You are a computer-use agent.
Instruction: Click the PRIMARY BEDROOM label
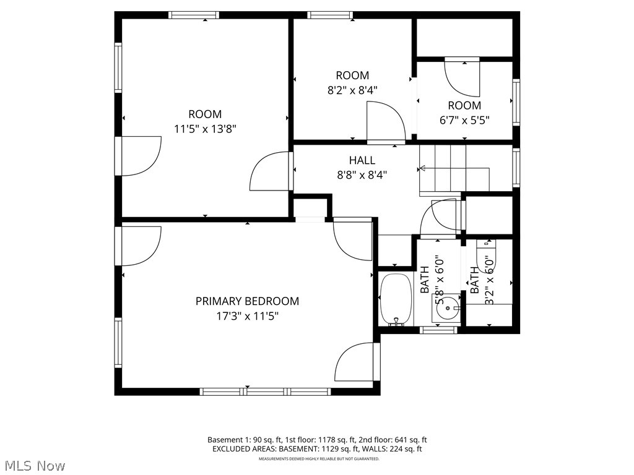pos(247,301)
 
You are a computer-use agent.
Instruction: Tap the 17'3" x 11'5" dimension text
pos(247,316)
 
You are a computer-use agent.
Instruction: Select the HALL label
pos(362,160)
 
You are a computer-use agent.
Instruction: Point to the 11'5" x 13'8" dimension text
pos(205,129)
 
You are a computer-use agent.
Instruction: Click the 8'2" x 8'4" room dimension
pos(352,90)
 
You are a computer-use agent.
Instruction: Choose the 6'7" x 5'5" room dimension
pos(464,121)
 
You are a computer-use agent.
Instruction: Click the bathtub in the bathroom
pos(394,299)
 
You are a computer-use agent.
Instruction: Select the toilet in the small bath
pos(485,254)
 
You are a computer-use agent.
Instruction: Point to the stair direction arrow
pos(423,168)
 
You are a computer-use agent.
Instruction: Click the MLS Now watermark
pos(34,465)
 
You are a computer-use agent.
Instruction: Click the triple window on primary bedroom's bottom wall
pos(265,392)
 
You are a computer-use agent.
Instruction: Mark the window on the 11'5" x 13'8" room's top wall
pos(194,15)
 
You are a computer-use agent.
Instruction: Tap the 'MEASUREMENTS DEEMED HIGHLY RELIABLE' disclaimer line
pos(318,459)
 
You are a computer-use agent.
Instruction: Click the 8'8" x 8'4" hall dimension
pos(362,175)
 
